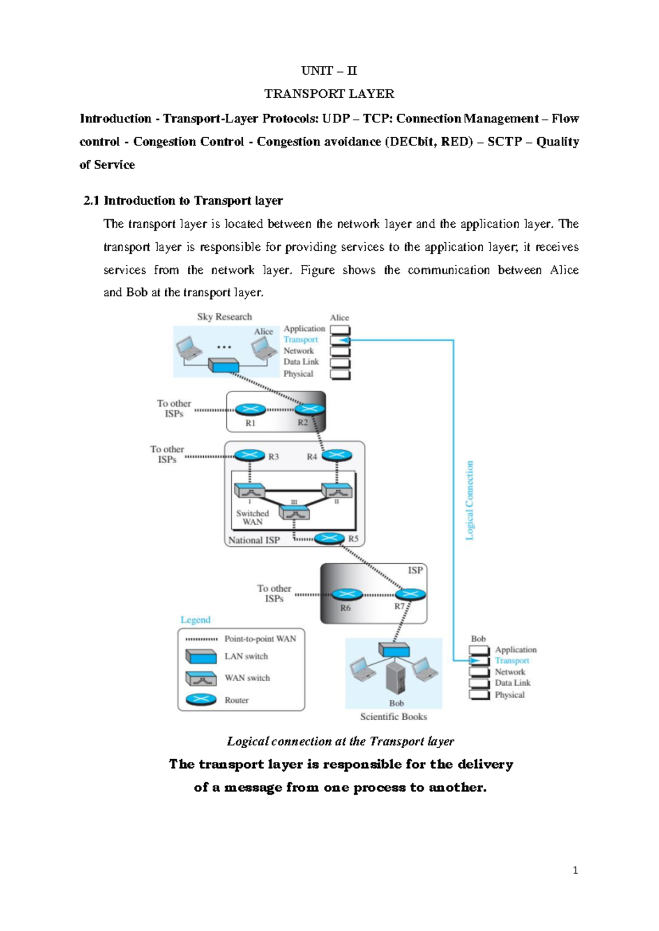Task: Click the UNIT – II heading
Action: (329, 71)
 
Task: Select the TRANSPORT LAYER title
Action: (329, 94)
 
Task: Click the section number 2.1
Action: (91, 200)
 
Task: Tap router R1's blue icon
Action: (250, 410)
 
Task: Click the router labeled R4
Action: (337, 455)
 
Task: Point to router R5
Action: (329, 538)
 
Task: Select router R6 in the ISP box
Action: (347, 595)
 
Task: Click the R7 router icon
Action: (410, 594)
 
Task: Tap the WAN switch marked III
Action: (294, 513)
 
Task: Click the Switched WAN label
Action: (253, 518)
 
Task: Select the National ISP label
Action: (254, 540)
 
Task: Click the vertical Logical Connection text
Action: (470, 500)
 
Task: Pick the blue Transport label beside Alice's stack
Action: (300, 340)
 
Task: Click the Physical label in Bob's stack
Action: (510, 695)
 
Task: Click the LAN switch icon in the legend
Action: (201, 657)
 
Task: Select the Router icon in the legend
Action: (201, 700)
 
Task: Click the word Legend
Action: (196, 620)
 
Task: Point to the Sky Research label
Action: (225, 317)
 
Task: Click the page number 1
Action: (575, 870)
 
